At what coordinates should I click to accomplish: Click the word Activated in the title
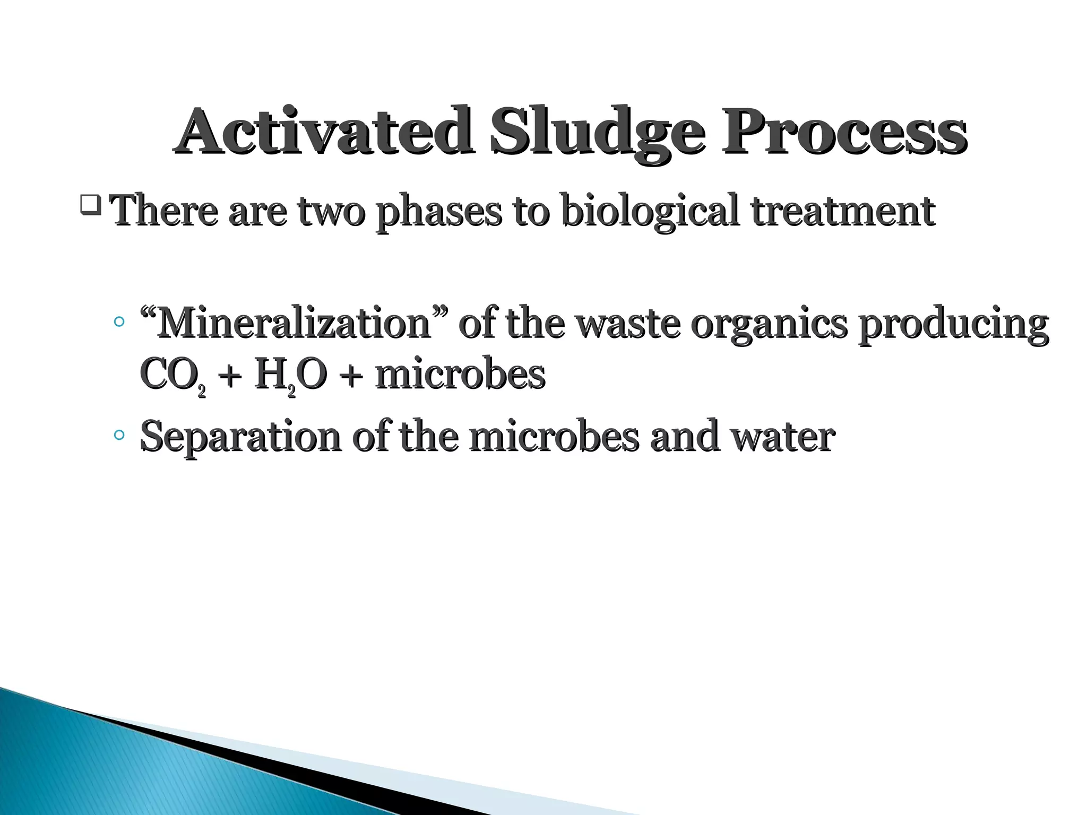[x=324, y=131]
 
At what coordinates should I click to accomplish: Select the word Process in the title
[x=844, y=131]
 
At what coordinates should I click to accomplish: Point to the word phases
[x=438, y=212]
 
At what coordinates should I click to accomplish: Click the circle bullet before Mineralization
[x=119, y=322]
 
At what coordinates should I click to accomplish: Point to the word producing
[x=953, y=325]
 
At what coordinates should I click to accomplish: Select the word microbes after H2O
[x=460, y=375]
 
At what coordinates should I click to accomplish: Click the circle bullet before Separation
[x=119, y=436]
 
